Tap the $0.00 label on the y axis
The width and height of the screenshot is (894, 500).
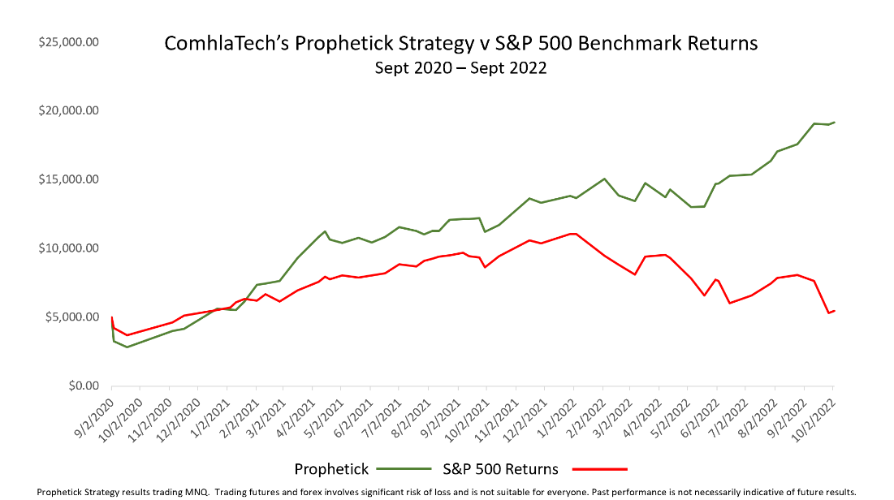80,386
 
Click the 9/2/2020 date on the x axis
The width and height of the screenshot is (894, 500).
93,416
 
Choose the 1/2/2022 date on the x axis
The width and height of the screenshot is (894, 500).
555,416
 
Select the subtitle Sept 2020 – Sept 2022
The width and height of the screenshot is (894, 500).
460,68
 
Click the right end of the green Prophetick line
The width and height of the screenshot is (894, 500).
834,123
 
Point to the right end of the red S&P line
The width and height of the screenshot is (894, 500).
834,311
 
